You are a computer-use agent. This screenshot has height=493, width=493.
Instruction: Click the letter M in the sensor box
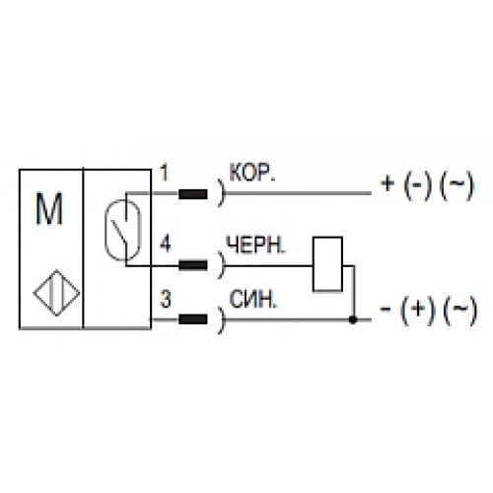click(x=49, y=209)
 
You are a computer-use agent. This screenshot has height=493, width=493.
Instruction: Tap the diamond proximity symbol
click(x=56, y=293)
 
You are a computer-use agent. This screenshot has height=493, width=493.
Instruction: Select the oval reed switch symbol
click(x=122, y=230)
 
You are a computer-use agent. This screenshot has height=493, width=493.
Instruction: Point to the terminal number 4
click(x=166, y=245)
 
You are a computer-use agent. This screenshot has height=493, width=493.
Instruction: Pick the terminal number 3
click(x=166, y=300)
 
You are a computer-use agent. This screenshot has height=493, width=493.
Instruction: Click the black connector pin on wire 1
click(x=193, y=194)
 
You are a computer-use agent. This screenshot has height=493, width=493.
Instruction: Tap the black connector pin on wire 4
click(x=193, y=265)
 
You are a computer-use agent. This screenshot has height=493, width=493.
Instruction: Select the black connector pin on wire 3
click(x=193, y=319)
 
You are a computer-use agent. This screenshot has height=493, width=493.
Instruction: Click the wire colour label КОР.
click(x=252, y=173)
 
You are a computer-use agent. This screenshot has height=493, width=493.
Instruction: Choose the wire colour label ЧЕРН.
click(x=256, y=245)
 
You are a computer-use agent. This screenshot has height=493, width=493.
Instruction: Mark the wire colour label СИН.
click(x=253, y=300)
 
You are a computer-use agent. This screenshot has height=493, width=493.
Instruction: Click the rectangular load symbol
click(x=328, y=264)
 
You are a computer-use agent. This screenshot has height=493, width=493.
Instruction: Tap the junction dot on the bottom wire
click(x=353, y=319)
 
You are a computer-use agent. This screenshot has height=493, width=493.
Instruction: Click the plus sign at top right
click(x=387, y=183)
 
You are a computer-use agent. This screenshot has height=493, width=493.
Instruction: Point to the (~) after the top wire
click(x=457, y=186)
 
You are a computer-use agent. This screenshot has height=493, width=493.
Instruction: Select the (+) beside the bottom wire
click(x=417, y=311)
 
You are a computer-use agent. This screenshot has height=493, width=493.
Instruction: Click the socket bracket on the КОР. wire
click(x=222, y=193)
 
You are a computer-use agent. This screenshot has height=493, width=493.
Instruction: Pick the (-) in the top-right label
click(x=417, y=186)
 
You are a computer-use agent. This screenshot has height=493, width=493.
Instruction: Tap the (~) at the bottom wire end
click(x=460, y=311)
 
